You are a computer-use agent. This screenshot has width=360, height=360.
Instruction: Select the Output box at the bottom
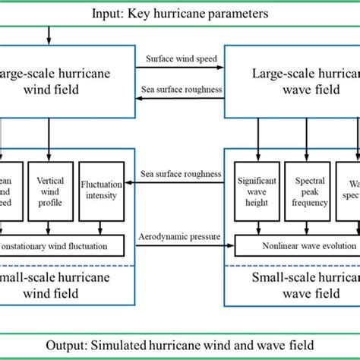click(180, 344)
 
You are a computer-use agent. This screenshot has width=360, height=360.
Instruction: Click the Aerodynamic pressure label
click(180, 237)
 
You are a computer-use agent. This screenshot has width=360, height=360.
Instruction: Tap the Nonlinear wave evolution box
click(296, 245)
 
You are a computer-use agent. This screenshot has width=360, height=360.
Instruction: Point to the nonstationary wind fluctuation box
click(61, 245)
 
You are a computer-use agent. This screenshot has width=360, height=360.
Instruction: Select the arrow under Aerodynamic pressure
click(180, 246)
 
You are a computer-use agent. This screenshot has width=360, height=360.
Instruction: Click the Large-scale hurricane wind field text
click(57, 85)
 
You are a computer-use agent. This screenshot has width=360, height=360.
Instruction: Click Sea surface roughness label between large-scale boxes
click(180, 89)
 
